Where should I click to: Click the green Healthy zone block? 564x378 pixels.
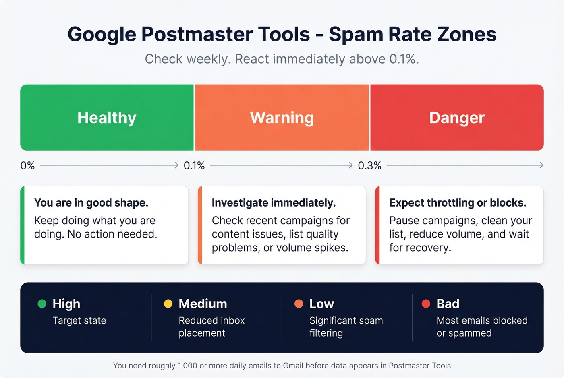point(107,118)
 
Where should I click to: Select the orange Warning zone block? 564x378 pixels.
point(282,118)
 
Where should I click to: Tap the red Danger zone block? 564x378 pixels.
point(457,118)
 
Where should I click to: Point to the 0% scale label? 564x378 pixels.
point(27,165)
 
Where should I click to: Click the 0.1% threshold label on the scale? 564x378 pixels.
point(194,165)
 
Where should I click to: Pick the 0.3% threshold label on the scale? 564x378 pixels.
point(369,165)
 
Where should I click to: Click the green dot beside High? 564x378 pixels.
point(42,304)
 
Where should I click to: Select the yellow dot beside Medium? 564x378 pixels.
point(168,304)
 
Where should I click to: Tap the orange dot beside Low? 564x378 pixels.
point(299,304)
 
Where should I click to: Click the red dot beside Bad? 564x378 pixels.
point(426,304)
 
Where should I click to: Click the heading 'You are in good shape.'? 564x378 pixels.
point(91,203)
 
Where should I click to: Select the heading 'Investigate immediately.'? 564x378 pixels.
point(274,203)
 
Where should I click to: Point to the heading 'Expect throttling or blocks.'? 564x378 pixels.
point(458,203)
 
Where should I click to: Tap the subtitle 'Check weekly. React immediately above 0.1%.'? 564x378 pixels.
point(282,59)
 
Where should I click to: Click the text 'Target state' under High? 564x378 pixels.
point(79,321)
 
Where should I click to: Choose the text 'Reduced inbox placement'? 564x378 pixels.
point(211,326)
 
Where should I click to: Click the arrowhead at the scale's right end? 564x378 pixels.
point(541,165)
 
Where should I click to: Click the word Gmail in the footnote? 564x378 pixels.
point(293,366)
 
